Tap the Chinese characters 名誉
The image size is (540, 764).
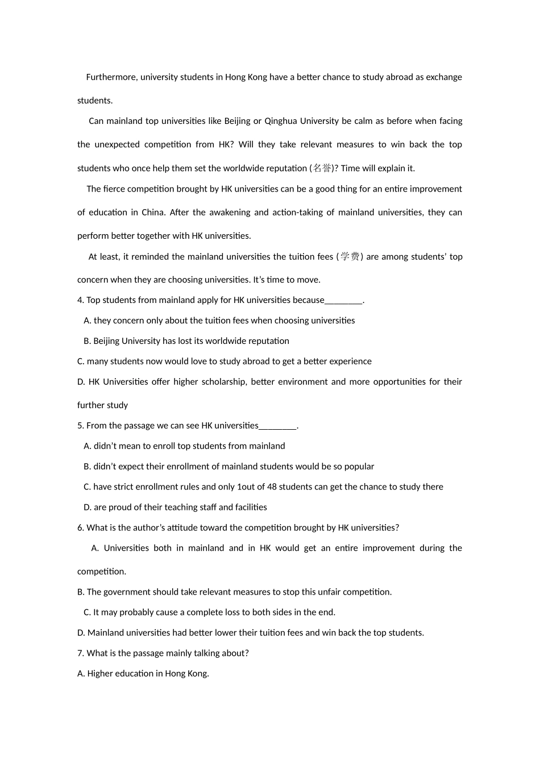tap(322, 168)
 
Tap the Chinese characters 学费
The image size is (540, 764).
tap(350, 257)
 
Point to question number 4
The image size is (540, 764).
tap(80, 300)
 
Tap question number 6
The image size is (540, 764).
tap(80, 528)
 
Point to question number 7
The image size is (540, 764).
tap(80, 654)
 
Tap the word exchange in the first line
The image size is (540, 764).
tap(444, 77)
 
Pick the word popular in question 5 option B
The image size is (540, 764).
tap(358, 467)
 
